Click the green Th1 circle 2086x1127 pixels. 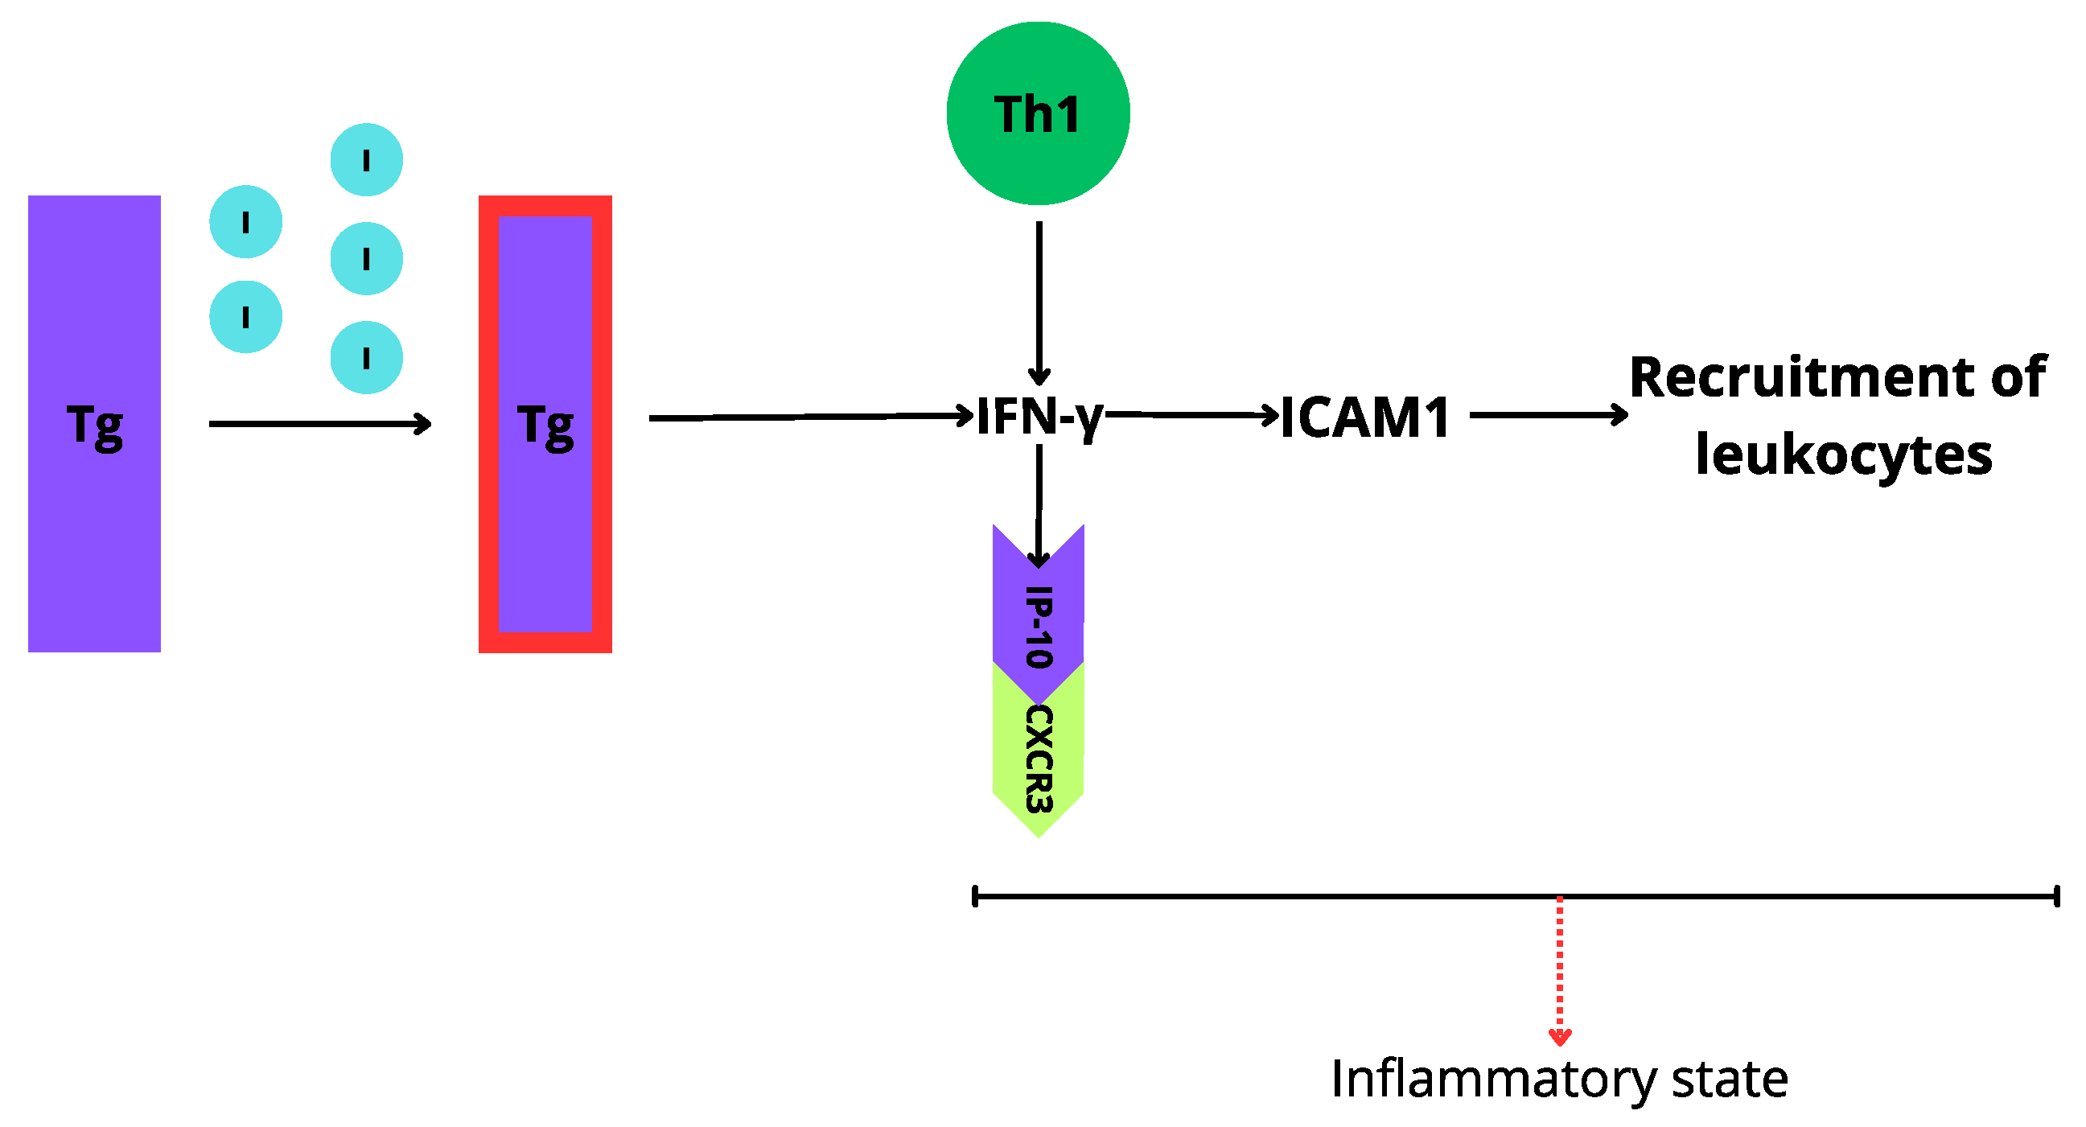click(x=1038, y=113)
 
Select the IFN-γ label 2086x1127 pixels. click(x=1039, y=417)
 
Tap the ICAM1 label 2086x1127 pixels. click(x=1365, y=418)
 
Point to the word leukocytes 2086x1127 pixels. click(x=1844, y=455)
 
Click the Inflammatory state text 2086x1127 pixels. click(x=1559, y=1080)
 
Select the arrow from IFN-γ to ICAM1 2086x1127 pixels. click(x=1191, y=414)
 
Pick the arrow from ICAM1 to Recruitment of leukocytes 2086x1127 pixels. click(x=1547, y=415)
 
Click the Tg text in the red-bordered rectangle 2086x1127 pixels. click(x=545, y=426)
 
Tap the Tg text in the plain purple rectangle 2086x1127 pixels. click(x=95, y=426)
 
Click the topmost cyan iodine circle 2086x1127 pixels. click(x=366, y=159)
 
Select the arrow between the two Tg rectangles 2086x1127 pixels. click(x=319, y=423)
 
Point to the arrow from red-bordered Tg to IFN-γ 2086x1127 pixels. click(x=810, y=417)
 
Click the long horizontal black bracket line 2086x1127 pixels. click(x=1296, y=896)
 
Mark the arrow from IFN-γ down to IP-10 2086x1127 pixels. click(x=1039, y=502)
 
